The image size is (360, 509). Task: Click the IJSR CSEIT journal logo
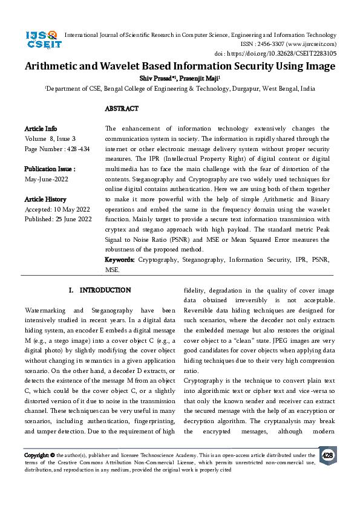[x=42, y=41]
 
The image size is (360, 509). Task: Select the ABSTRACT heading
[x=122, y=109]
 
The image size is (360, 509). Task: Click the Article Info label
[x=41, y=129]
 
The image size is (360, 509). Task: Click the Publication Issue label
[x=50, y=169]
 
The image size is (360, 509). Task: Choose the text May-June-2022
[x=47, y=179]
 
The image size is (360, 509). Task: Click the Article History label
[x=45, y=199]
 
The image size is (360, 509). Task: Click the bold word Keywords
[x=120, y=259]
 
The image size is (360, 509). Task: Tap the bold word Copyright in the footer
[x=36, y=455]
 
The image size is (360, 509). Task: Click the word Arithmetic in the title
[x=55, y=66]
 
